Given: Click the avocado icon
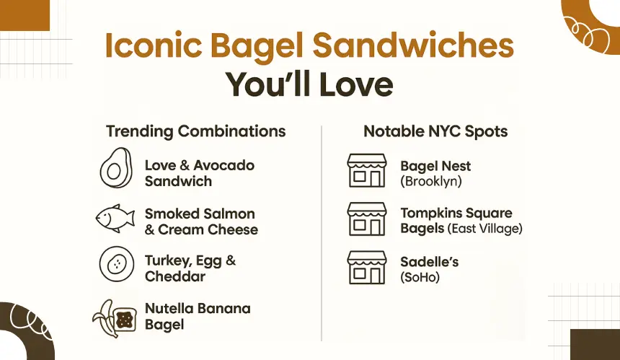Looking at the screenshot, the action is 115,168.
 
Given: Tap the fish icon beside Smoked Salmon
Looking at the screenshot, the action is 115,219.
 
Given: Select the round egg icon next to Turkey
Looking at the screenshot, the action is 117,264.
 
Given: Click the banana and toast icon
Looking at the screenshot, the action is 115,318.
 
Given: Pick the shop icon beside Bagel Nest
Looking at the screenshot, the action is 367,170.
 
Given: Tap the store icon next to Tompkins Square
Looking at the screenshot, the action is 367,219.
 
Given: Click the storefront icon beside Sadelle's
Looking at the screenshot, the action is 367,268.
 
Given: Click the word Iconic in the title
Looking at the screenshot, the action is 154,45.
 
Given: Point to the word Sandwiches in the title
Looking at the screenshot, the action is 413,45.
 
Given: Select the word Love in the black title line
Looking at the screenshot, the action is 356,84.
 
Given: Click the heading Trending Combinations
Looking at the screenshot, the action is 195,131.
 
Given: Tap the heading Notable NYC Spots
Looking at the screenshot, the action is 435,131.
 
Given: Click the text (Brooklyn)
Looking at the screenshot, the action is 431,182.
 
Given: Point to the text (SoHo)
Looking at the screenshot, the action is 420,277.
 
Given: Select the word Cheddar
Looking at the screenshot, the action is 175,276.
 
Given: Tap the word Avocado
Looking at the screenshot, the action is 223,165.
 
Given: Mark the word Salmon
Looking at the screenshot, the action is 231,214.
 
